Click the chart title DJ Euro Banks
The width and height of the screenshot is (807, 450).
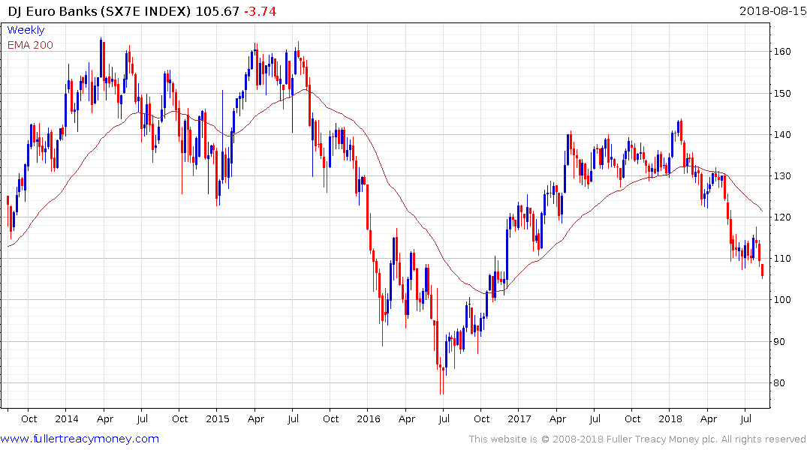point(45,11)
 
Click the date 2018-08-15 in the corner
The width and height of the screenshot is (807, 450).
point(772,11)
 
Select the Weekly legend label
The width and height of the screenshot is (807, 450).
point(26,31)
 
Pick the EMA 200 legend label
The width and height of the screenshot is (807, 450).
point(30,45)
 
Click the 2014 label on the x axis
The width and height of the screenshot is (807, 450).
point(66,419)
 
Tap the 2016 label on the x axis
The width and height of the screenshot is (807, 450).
point(368,419)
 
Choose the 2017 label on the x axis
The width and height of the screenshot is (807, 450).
point(519,419)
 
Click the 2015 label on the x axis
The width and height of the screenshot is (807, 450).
point(217,419)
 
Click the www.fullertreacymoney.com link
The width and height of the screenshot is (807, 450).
point(80,439)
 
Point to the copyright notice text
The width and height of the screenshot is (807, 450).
point(637,439)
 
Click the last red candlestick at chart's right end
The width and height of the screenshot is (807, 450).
point(763,271)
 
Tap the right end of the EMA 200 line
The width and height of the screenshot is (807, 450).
point(763,211)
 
